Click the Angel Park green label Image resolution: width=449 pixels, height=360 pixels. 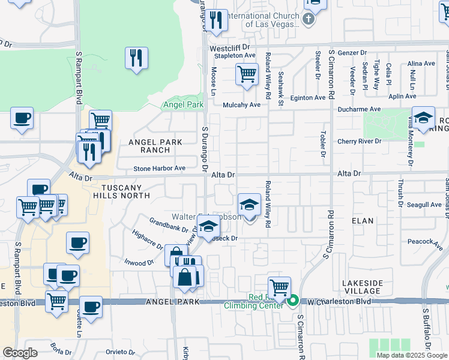click(184, 104)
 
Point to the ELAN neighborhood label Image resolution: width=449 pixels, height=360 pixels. click(364, 221)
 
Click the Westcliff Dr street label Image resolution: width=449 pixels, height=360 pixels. click(229, 47)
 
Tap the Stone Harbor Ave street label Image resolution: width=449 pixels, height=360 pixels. click(159, 169)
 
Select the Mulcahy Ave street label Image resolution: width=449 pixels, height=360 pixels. click(242, 104)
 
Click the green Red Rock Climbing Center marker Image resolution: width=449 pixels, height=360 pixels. click(294, 301)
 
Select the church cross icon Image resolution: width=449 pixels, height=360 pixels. click(309, 19)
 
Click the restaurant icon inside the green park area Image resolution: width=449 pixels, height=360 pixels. click(136, 58)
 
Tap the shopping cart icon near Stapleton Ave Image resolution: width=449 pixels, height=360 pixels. click(247, 75)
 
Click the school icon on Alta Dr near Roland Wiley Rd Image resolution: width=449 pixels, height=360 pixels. click(249, 205)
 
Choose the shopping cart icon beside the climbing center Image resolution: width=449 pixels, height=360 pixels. click(279, 288)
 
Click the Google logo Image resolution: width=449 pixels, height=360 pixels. click(20, 353)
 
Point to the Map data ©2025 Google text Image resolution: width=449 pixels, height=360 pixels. click(412, 355)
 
